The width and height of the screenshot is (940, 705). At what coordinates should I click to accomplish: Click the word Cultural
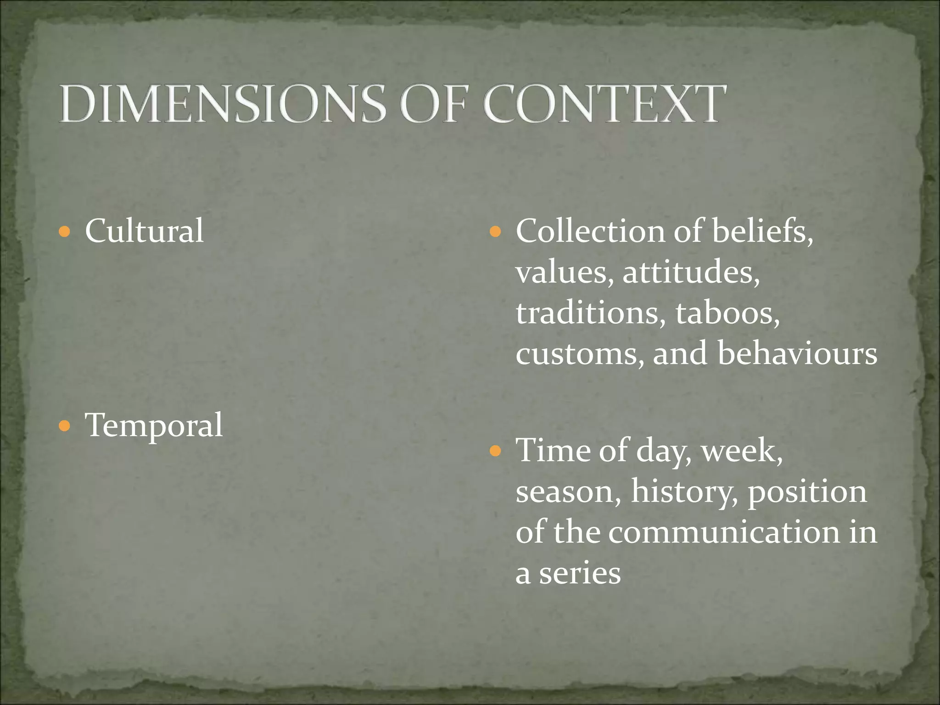pyautogui.click(x=144, y=230)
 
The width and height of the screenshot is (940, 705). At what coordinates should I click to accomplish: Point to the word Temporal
pyautogui.click(x=154, y=425)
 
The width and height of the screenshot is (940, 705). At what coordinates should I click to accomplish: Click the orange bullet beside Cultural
pyautogui.click(x=65, y=231)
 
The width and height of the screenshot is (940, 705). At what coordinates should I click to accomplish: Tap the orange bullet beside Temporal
pyautogui.click(x=65, y=426)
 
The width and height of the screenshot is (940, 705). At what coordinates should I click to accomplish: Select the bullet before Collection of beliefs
pyautogui.click(x=495, y=231)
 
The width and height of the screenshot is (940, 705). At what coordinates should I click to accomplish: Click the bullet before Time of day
pyautogui.click(x=495, y=451)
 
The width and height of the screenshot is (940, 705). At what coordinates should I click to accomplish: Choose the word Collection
pyautogui.click(x=590, y=230)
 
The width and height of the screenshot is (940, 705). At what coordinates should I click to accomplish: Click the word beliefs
pyautogui.click(x=762, y=230)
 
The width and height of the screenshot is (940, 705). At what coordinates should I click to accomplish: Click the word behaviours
pyautogui.click(x=797, y=353)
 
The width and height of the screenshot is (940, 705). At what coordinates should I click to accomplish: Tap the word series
pyautogui.click(x=579, y=574)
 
